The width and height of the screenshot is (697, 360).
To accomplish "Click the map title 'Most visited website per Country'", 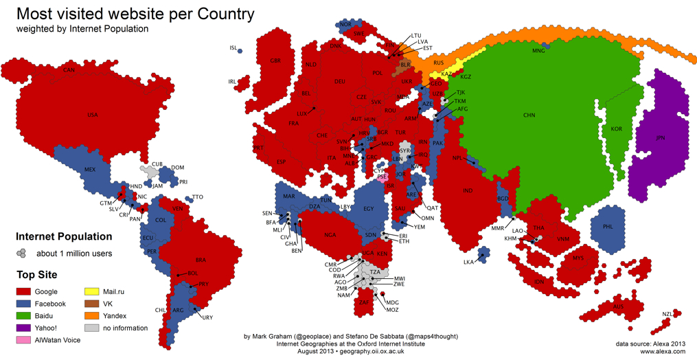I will pyautogui.click(x=135, y=14).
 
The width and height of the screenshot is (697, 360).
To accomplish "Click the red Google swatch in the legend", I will pyautogui.click(x=26, y=292).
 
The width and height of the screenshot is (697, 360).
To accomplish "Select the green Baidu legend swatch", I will pyautogui.click(x=26, y=316).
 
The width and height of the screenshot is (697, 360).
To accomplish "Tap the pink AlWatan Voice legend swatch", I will pyautogui.click(x=26, y=340).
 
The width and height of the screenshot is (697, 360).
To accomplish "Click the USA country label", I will pyautogui.click(x=93, y=115).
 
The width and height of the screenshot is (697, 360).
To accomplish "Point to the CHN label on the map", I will pyautogui.click(x=529, y=115).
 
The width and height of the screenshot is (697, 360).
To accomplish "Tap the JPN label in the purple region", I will pyautogui.click(x=661, y=137).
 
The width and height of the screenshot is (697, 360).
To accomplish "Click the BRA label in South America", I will pyautogui.click(x=201, y=260).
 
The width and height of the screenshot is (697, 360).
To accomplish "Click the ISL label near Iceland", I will pyautogui.click(x=233, y=48).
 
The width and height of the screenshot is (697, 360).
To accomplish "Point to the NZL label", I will pyautogui.click(x=667, y=314).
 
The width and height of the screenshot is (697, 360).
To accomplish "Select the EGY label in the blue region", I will pyautogui.click(x=368, y=209).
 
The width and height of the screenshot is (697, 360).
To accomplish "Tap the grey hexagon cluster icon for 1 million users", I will pyautogui.click(x=23, y=253).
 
